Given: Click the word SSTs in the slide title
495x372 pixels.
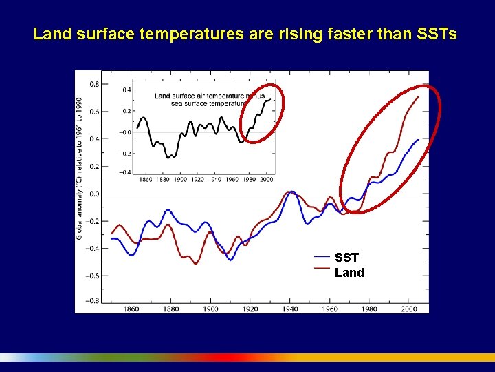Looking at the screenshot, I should pos(435,34).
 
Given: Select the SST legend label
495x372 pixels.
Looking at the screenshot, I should pos(347,258).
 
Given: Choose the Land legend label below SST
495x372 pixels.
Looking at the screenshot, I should pos(349,273).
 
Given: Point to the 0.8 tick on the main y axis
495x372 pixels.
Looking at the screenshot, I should pos(91,84).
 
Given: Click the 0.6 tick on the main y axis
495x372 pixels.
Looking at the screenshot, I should pos(91,112).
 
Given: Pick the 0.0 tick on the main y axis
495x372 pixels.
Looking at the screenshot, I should pos(91,194).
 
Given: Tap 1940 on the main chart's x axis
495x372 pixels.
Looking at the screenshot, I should pos(290,309).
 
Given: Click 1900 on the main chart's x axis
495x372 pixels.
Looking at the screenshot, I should pos(210,309).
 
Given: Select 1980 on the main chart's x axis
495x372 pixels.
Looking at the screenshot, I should pos(370,309).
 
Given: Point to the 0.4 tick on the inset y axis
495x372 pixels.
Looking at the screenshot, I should pos(126,90).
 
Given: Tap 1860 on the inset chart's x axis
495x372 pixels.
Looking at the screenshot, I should pos(145,179).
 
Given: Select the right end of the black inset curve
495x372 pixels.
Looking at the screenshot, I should pos(270,99).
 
